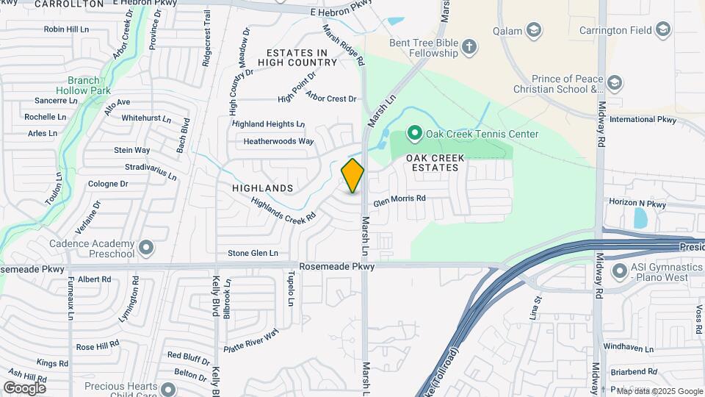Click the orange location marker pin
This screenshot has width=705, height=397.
coord(352,176)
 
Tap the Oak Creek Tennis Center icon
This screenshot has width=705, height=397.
coord(414,134)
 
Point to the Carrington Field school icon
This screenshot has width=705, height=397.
coord(663,30)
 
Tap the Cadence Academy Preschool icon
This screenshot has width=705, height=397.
coord(147,247)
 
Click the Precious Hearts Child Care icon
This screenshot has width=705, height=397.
coord(169,390)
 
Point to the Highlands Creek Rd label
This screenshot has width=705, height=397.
coord(283,208)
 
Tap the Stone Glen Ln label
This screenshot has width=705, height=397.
coord(253,254)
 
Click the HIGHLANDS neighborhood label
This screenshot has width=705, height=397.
coord(262,189)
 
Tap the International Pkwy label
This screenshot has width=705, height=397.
coord(643,119)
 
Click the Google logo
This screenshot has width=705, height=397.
coord(25,387)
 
